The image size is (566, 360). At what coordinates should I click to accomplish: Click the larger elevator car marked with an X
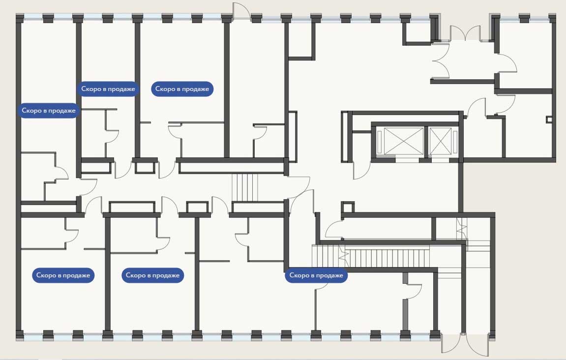point(404,141)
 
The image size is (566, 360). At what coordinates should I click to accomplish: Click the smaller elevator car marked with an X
point(441,141)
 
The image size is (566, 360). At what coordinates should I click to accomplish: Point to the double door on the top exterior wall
point(465,33)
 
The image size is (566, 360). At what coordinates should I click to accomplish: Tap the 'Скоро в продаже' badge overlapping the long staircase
point(316,275)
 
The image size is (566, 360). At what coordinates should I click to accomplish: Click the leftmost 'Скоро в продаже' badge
point(48,110)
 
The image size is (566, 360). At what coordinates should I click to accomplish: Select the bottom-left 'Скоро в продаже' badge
point(63,275)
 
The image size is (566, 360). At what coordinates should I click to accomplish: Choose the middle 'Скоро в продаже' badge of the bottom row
point(153,275)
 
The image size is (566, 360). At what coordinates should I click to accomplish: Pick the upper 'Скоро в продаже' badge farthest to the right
point(182,89)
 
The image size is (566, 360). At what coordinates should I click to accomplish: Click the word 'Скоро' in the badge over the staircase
point(299,275)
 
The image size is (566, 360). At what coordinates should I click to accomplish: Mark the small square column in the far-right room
point(549,120)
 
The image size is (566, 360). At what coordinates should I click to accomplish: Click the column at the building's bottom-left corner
point(20,335)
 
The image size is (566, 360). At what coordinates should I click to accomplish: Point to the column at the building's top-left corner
point(20,18)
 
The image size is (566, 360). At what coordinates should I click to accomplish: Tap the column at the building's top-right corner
point(552,18)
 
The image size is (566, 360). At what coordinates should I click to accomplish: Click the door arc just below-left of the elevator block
point(362,171)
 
